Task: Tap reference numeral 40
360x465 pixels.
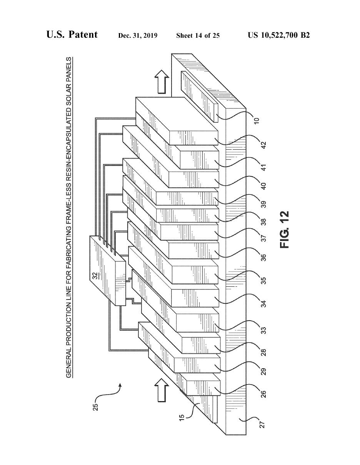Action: click(263, 186)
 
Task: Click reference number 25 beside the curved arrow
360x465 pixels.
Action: click(96, 406)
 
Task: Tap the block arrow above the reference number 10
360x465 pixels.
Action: click(163, 81)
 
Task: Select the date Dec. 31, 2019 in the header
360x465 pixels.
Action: click(138, 36)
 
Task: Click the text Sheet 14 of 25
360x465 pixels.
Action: click(198, 36)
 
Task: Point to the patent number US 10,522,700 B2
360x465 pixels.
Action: click(279, 35)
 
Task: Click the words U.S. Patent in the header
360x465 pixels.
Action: click(72, 35)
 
